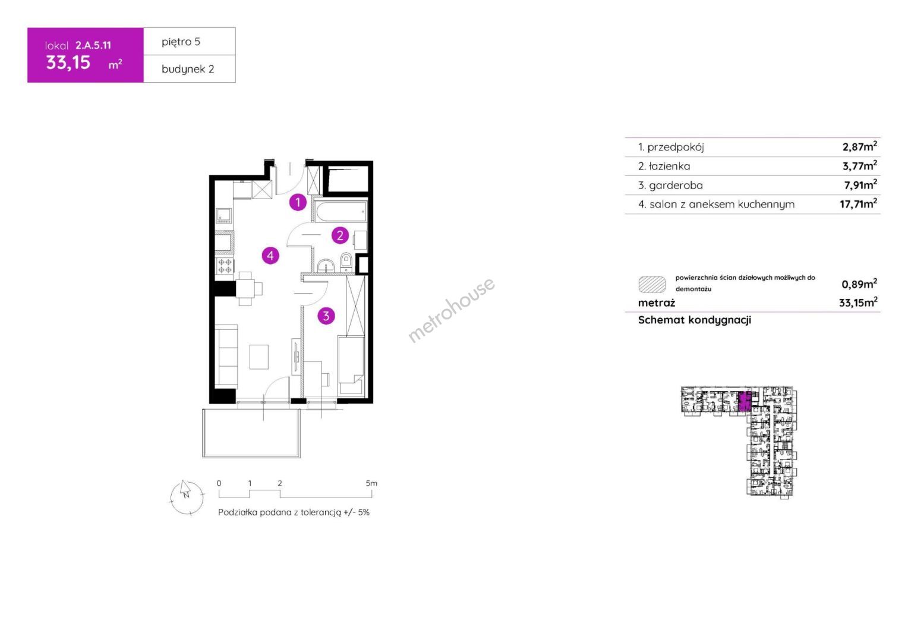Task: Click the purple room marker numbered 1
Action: coord(298,202)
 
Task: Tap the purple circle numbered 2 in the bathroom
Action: coord(340,235)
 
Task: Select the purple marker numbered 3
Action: coord(326,316)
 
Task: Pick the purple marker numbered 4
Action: coord(270,256)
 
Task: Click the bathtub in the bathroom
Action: coord(340,212)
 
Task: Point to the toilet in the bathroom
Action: coord(346,262)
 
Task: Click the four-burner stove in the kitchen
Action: coord(225,266)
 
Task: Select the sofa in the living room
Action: coord(226,355)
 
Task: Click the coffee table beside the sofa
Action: coord(258,357)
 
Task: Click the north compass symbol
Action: coord(187,497)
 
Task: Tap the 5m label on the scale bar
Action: coord(371,483)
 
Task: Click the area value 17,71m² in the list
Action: coord(858,203)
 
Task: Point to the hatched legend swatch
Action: coord(652,284)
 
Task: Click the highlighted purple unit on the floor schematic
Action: coord(743,402)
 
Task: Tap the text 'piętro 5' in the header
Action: coord(181,42)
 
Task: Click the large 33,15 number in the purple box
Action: coord(68,63)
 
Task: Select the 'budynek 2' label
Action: coord(188,69)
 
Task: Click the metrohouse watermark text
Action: coord(451,310)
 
